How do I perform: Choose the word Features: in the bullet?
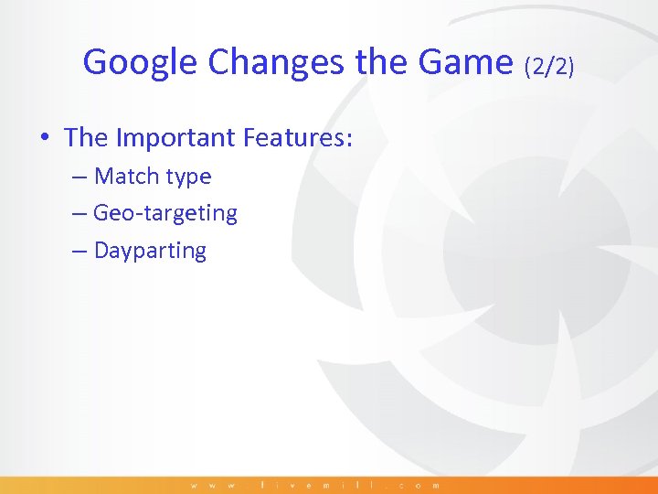(x=298, y=138)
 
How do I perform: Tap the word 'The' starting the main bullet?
(x=86, y=138)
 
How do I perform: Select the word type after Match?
(x=188, y=177)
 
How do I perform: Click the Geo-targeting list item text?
(x=165, y=214)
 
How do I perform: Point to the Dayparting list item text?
(x=151, y=252)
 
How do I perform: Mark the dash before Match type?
(x=80, y=177)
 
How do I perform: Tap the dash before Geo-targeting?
(x=80, y=214)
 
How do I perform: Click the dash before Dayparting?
(x=80, y=251)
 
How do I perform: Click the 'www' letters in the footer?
(x=216, y=485)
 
